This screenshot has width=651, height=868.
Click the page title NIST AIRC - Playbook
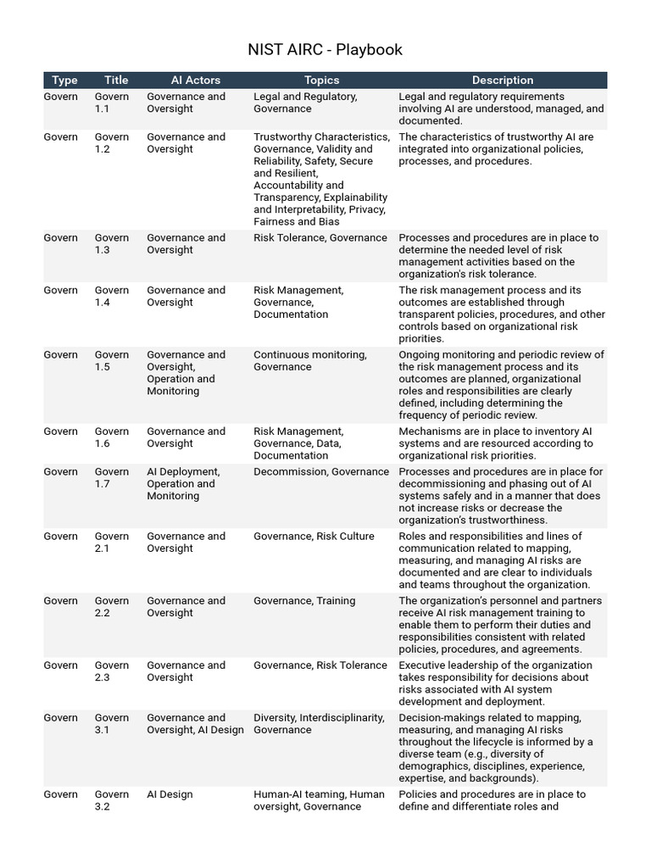click(325, 49)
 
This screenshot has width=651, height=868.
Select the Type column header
click(64, 81)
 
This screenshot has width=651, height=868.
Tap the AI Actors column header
click(195, 81)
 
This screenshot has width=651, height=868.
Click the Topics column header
click(321, 81)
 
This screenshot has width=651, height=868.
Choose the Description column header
click(503, 81)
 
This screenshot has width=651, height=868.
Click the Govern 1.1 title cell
click(111, 103)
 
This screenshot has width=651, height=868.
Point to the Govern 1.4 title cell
click(111, 297)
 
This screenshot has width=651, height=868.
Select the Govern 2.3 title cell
click(111, 671)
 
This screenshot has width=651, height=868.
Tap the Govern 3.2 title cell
click(111, 800)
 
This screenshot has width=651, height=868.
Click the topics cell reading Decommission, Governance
click(321, 472)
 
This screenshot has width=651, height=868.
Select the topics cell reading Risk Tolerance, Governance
click(320, 238)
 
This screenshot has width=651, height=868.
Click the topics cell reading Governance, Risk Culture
click(314, 537)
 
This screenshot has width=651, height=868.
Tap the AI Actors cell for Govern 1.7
click(183, 484)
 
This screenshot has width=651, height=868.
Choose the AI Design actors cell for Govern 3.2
click(170, 795)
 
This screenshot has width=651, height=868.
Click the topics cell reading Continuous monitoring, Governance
click(310, 361)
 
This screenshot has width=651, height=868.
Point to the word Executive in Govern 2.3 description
click(423, 665)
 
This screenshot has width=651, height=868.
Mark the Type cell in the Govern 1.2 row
click(60, 137)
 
